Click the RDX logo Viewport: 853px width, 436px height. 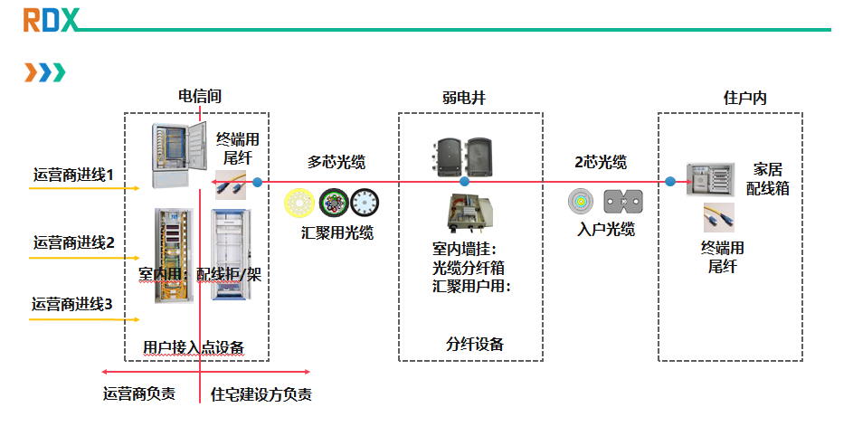click(x=52, y=20)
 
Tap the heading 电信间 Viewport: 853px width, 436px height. click(x=200, y=97)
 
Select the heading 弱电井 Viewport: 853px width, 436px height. click(x=463, y=98)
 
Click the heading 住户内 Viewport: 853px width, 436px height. click(x=744, y=98)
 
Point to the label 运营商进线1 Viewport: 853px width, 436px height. click(x=73, y=175)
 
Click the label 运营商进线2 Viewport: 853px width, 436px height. click(x=74, y=242)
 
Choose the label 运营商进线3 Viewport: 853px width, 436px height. click(x=71, y=304)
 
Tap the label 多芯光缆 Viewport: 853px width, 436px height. click(x=336, y=162)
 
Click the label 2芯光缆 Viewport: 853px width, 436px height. click(x=601, y=162)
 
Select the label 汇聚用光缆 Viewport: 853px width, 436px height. click(x=337, y=233)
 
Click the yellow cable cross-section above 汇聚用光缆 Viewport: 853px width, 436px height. click(x=299, y=204)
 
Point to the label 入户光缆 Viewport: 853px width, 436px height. click(x=605, y=229)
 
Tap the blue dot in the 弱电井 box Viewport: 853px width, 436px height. click(x=464, y=182)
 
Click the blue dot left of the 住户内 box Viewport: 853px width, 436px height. click(x=670, y=182)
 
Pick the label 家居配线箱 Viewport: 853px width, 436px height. click(x=768, y=179)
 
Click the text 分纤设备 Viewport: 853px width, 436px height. click(x=475, y=344)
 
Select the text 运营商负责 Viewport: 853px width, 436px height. click(x=139, y=393)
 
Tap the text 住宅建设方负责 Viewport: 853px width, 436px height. click(x=261, y=394)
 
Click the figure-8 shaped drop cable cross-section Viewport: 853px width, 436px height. click(x=623, y=202)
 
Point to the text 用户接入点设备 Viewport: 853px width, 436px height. click(x=194, y=347)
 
